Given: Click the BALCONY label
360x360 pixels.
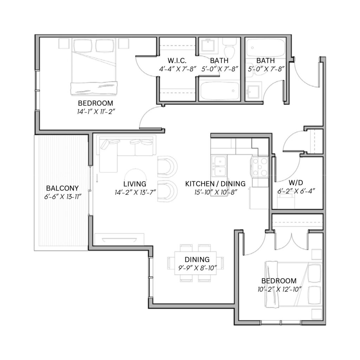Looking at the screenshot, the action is click(x=62, y=188).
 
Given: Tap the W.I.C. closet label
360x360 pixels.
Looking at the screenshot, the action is click(x=177, y=60).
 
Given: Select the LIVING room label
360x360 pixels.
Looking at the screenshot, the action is click(x=135, y=184).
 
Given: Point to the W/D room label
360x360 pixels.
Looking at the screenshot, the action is click(x=296, y=183).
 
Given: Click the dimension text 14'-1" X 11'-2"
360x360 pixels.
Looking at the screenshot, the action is click(x=96, y=112).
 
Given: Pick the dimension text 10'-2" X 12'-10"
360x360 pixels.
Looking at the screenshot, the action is click(x=279, y=289).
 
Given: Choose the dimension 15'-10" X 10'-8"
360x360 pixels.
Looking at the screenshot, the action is click(x=216, y=192).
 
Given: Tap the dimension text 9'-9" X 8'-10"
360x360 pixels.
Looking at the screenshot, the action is click(x=198, y=268).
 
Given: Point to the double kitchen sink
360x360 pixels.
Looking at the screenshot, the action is click(x=219, y=166).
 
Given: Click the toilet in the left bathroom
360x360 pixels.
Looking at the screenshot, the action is click(x=229, y=48).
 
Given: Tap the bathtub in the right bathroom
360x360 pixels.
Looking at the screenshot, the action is click(x=266, y=47).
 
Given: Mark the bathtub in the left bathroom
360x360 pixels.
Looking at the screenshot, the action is click(x=219, y=91).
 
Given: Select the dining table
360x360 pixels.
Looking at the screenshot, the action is click(x=195, y=263).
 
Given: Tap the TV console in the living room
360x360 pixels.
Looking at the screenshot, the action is click(x=120, y=239).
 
